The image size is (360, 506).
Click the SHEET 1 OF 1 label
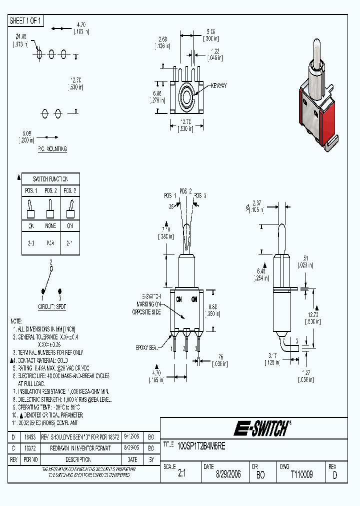coord(26,20)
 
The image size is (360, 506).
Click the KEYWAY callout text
coord(218,85)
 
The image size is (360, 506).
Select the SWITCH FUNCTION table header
coord(50,179)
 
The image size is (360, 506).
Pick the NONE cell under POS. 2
coord(50,226)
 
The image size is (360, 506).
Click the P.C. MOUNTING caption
coord(52,149)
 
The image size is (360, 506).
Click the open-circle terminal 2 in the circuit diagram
coord(51,268)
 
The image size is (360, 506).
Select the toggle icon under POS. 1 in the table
coord(30,208)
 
